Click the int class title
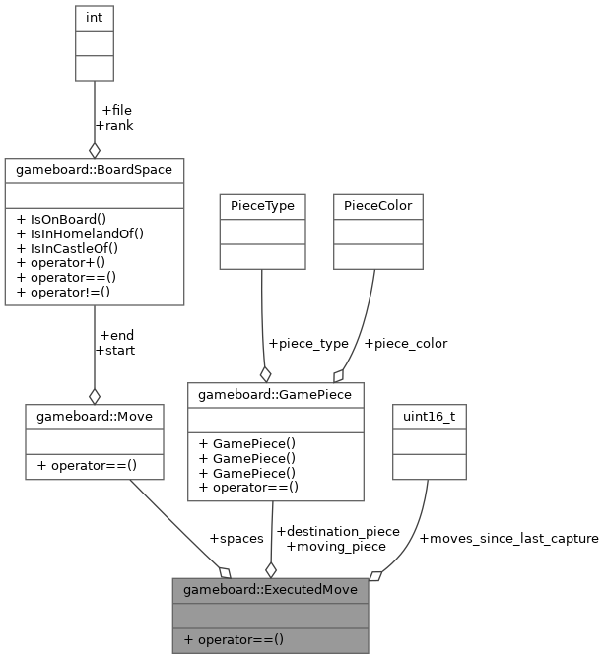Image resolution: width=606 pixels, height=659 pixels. pos(94,18)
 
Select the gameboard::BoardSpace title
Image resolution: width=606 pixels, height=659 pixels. pos(94,169)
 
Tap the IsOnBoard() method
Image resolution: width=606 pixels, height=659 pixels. pos(61,219)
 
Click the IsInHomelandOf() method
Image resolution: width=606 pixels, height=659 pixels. pos(81,233)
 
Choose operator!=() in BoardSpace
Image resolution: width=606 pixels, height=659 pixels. pos(63,293)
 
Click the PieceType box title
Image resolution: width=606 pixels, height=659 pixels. pos(261,206)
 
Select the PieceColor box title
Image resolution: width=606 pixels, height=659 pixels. pos(377,206)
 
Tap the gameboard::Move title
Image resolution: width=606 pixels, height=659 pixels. pos(94,416)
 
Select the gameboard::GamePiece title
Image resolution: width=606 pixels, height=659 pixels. pos(275,395)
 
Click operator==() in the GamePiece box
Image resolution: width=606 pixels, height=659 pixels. pos(248,487)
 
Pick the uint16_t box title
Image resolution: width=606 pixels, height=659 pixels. pos(429,416)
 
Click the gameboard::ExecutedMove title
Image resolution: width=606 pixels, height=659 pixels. pos(270,590)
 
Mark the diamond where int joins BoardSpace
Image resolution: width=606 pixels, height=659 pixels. pos(94,150)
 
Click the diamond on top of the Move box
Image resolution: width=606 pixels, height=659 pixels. pos(94,396)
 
